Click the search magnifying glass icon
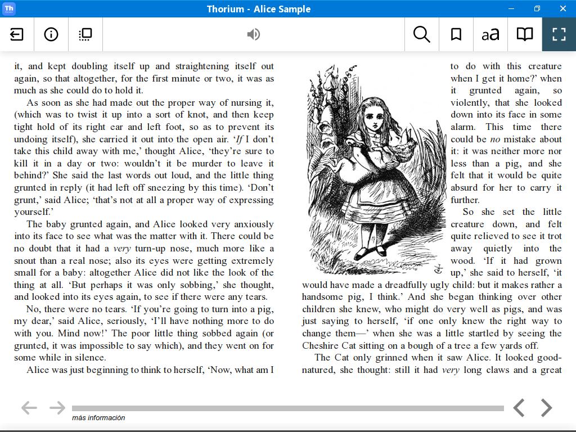pos(421,34)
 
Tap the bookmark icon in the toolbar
pos(456,34)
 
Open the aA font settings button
pos(490,34)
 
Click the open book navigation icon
pos(525,34)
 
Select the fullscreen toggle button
pos(559,34)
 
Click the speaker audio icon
pos(254,34)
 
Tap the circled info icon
pos(51,34)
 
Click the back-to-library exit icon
pos(17,34)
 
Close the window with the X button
pos(562,8)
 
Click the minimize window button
pos(511,8)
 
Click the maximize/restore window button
pos(537,8)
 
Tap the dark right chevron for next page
pos(546,408)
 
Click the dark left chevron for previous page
pos(519,408)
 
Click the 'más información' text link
pos(98,418)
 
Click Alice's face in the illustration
pos(373,117)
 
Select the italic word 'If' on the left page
pos(239,139)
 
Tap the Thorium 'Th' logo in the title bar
pos(8,8)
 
